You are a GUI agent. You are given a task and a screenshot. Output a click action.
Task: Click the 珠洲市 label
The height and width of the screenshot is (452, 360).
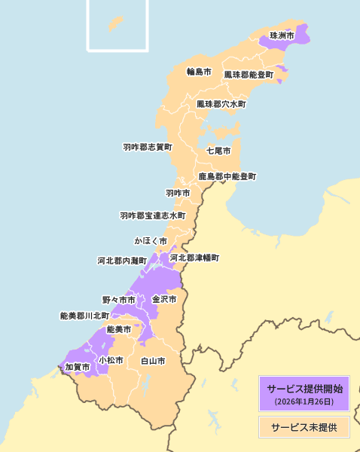pyautogui.click(x=282, y=36)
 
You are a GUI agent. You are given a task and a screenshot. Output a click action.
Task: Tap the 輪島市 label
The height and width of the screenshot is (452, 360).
pyautogui.click(x=199, y=72)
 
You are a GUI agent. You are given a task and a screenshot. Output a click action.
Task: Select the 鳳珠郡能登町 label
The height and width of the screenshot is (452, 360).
pyautogui.click(x=249, y=75)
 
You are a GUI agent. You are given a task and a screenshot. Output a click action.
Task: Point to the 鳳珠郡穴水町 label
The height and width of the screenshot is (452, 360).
pyautogui.click(x=221, y=104)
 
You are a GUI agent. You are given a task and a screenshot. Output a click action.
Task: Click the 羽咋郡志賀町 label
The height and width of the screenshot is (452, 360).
pyautogui.click(x=148, y=148)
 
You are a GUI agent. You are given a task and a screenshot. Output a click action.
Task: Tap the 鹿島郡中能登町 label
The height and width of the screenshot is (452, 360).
pyautogui.click(x=227, y=177)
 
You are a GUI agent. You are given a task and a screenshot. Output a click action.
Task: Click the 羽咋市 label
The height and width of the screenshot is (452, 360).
pyautogui.click(x=178, y=194)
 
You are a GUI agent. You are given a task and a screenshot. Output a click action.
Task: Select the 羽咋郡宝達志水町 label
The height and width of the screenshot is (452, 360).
pyautogui.click(x=152, y=216)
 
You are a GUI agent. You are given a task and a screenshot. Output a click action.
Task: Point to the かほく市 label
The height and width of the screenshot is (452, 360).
pyautogui.click(x=151, y=241)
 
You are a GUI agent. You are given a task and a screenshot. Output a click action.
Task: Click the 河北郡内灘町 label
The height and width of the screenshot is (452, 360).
pyautogui.click(x=122, y=261)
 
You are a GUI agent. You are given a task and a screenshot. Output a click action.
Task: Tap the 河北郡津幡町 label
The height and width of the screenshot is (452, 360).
pyautogui.click(x=194, y=258)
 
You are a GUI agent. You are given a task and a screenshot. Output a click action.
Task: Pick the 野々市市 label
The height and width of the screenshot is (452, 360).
pyautogui.click(x=119, y=300)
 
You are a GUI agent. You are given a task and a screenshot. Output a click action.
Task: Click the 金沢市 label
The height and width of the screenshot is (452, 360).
pyautogui.click(x=164, y=299)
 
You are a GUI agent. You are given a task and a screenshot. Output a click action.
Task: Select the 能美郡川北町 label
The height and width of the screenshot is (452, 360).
pyautogui.click(x=84, y=316)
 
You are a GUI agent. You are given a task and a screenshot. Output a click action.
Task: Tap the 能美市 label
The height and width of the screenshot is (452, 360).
pyautogui.click(x=118, y=330)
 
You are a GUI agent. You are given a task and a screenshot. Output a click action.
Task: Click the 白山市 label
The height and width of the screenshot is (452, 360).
pyautogui.click(x=153, y=362)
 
